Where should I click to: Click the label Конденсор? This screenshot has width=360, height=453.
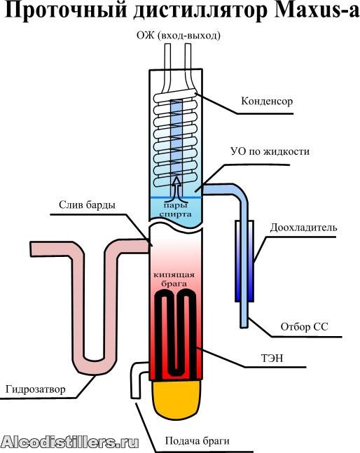(x=267, y=102)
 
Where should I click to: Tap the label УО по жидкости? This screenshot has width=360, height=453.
(x=270, y=151)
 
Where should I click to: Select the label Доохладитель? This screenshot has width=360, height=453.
(x=303, y=228)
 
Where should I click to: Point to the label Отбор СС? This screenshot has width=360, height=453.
(x=304, y=327)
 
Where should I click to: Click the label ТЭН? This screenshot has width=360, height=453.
(x=272, y=358)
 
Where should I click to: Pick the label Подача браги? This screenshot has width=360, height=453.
(x=198, y=441)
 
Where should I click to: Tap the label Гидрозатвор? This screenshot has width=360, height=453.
(x=36, y=389)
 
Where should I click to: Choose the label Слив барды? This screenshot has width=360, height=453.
(x=87, y=205)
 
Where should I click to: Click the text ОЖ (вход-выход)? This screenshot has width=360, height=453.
(x=179, y=36)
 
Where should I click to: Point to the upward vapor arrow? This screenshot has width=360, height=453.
(x=176, y=188)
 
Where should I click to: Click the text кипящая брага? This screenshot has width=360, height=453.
(x=174, y=279)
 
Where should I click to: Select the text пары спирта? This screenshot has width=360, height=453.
(x=175, y=210)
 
